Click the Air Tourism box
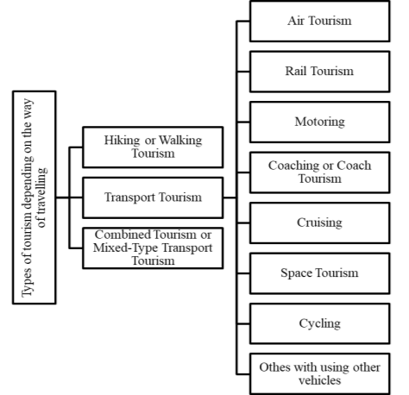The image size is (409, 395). click(320, 22)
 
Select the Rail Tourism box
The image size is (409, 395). click(320, 72)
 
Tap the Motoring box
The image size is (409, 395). click(320, 122)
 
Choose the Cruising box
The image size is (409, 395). click(320, 223)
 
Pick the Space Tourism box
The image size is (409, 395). click(320, 273)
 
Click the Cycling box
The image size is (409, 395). click(320, 323)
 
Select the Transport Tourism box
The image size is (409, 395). click(153, 197)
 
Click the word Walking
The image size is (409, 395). click(180, 141)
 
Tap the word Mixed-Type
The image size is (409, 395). click(125, 248)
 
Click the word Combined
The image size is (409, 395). click(123, 235)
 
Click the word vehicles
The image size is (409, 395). click(320, 380)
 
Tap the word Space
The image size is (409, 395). click(293, 273)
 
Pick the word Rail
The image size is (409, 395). click(296, 71)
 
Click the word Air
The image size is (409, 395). click(296, 21)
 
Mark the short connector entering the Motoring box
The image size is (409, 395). click(243, 122)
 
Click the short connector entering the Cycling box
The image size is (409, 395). click(243, 323)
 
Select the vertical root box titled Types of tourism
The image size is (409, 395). click(35, 197)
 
